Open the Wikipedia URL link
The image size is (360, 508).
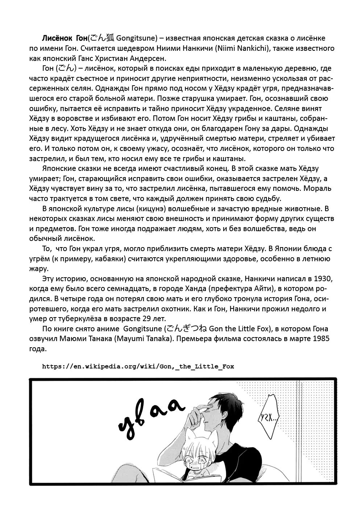tap(138, 366)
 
